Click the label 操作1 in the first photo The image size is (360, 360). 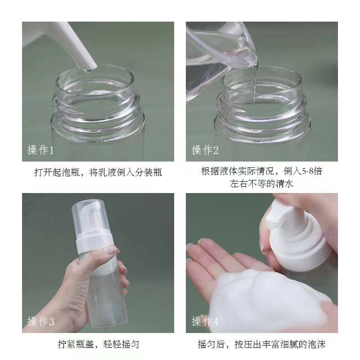[x=40, y=150]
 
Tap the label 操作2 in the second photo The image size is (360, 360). [x=205, y=150]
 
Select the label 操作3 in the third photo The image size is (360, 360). [x=40, y=322]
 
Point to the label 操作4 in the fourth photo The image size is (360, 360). [x=205, y=322]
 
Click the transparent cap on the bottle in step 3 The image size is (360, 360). [x=89, y=216]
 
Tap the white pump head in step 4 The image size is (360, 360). [x=288, y=225]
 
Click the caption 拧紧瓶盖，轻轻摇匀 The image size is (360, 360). [x=98, y=345]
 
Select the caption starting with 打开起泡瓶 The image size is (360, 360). [x=98, y=172]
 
